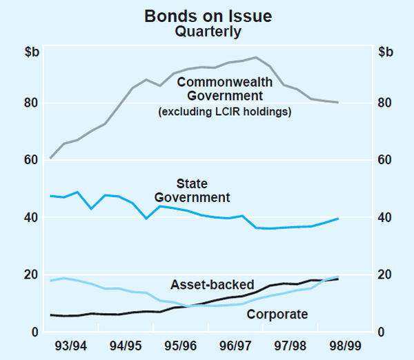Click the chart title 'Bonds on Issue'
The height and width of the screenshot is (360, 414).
(207, 15)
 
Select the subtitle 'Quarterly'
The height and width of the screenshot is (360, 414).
(207, 31)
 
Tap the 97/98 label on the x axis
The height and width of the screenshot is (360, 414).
(290, 345)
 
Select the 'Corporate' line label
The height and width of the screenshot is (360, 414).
(277, 314)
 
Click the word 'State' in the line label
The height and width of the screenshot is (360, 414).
(192, 184)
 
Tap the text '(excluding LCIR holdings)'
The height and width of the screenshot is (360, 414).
(224, 111)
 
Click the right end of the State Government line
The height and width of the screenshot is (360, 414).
(337, 219)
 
